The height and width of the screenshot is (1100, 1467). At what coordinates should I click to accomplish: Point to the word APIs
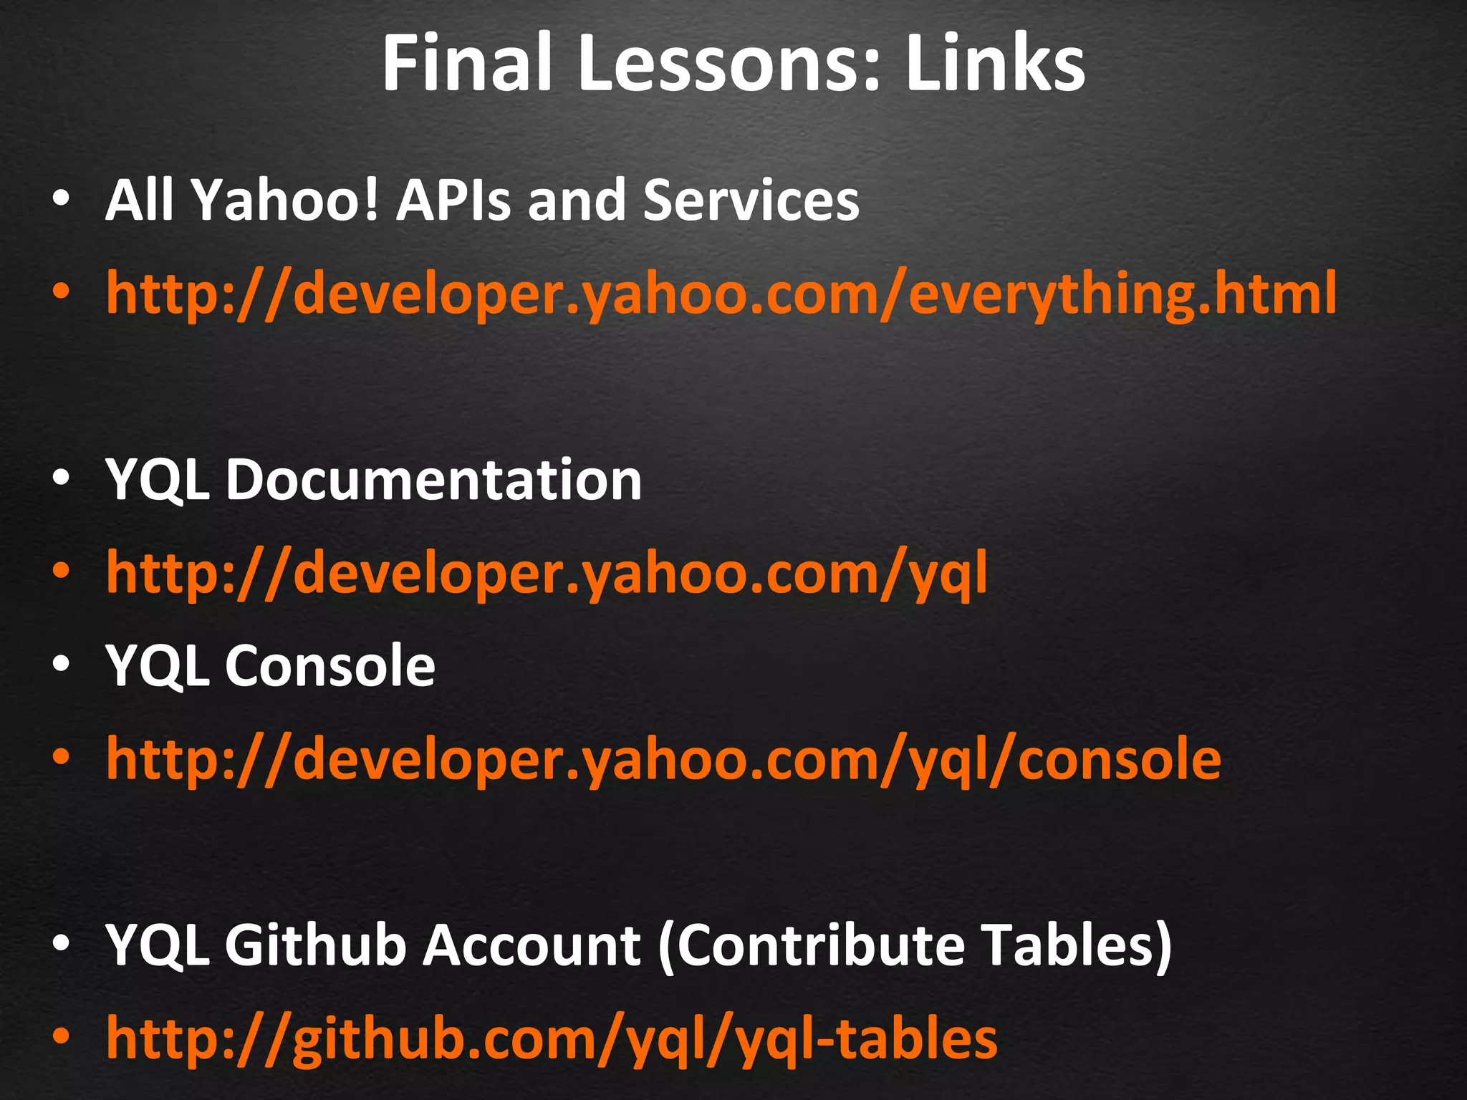(x=454, y=201)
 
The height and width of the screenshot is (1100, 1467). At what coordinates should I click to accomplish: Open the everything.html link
(x=721, y=294)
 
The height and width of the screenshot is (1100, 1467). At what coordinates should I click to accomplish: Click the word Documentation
(x=433, y=480)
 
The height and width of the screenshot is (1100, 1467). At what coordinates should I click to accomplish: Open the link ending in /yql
(x=547, y=573)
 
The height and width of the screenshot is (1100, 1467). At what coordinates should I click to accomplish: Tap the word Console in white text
(x=330, y=666)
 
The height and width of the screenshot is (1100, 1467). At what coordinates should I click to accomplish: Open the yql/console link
(x=663, y=759)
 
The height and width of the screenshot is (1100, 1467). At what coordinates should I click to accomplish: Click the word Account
(x=531, y=945)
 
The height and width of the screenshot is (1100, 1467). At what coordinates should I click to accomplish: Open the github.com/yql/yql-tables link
(x=552, y=1038)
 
